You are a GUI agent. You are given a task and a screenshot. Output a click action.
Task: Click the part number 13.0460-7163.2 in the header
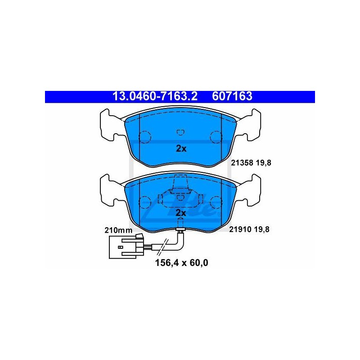point(155,96)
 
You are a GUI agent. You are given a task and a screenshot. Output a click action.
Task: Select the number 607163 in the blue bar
point(232,96)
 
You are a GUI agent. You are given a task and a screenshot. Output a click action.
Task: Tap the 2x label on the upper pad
point(181,149)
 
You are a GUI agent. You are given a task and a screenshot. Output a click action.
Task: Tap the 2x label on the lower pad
point(181,213)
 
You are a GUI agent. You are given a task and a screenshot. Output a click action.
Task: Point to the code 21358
point(242,163)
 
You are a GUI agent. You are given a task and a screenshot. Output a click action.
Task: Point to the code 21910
point(240,229)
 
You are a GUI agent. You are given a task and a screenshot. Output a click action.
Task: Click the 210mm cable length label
point(118,230)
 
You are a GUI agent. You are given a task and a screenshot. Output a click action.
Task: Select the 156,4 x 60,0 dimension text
point(182,263)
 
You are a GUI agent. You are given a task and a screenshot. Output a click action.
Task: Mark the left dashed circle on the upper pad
point(145,137)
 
